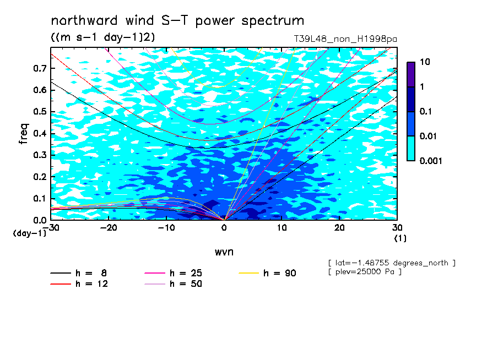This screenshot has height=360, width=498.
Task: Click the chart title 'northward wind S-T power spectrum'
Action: (x=177, y=21)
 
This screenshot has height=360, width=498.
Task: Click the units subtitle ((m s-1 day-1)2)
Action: (x=103, y=37)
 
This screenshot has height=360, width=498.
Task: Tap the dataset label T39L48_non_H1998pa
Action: (x=345, y=40)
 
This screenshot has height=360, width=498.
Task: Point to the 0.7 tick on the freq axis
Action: (x=40, y=68)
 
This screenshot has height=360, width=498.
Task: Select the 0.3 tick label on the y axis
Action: (x=40, y=155)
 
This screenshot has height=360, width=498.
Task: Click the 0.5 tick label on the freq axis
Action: (x=40, y=112)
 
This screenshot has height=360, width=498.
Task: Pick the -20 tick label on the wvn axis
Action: (x=109, y=228)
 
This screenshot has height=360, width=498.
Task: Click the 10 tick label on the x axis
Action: (x=282, y=228)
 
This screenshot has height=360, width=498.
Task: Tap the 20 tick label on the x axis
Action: (x=339, y=228)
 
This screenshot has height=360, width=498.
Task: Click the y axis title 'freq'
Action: (x=24, y=134)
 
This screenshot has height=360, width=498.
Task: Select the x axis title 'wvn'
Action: (x=224, y=252)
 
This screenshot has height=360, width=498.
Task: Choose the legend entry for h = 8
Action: (x=78, y=273)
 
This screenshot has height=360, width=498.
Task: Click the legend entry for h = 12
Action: (x=79, y=283)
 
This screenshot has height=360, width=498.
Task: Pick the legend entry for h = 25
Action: (x=173, y=273)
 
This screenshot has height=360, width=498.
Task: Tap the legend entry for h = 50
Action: (x=173, y=283)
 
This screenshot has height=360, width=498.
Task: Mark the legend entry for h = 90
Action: (x=267, y=273)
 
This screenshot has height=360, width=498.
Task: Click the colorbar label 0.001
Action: (x=431, y=161)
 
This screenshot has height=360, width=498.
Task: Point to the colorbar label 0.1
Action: (x=426, y=111)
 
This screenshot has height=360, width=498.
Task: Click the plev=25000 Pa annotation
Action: (x=365, y=272)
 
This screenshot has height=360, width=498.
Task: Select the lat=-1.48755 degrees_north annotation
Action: (x=392, y=263)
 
